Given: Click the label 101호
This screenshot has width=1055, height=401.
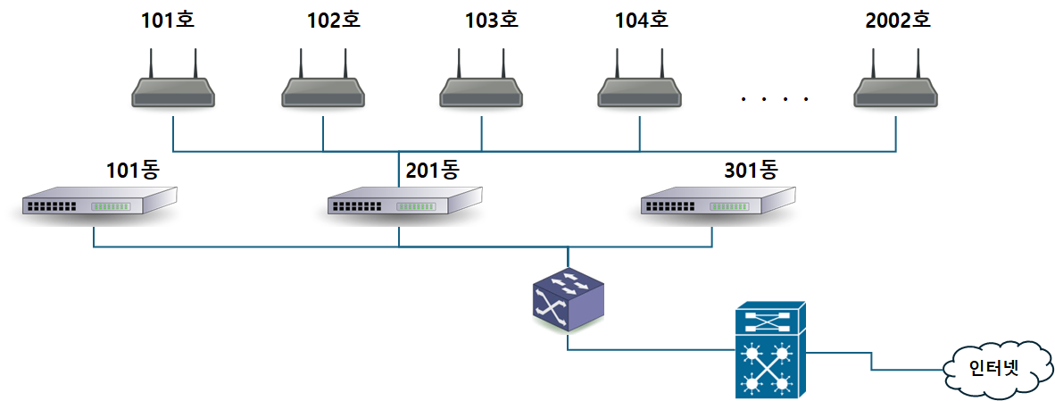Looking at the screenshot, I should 167,20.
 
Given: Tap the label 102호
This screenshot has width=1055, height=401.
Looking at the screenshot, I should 333,20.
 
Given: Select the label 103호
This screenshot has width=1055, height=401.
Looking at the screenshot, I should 491,20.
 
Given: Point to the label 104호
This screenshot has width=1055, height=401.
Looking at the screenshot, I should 641,20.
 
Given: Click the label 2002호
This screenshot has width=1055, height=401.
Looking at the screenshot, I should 897,20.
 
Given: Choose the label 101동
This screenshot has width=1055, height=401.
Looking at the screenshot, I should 132,169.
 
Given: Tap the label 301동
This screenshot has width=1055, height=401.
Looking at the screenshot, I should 751,169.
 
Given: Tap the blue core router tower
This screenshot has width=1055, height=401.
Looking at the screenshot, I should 770,349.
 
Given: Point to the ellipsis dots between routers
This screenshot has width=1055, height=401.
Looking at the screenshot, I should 775,99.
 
